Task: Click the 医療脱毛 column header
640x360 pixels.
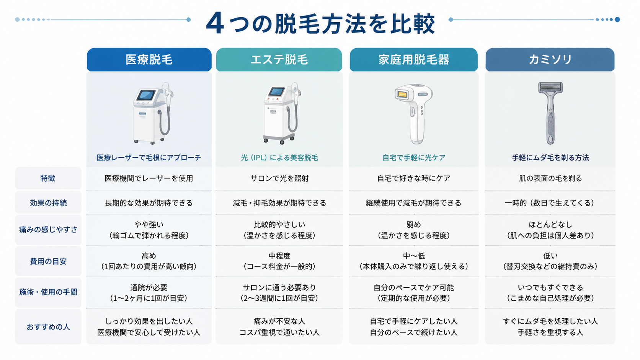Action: tap(149, 59)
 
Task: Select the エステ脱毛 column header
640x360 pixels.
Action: tap(279, 59)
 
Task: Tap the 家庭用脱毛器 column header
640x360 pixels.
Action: tap(413, 59)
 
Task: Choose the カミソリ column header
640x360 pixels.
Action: tap(550, 59)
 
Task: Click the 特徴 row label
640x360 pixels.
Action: tap(48, 178)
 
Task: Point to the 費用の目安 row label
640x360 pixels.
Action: tap(48, 261)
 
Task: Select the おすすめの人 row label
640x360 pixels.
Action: tap(48, 327)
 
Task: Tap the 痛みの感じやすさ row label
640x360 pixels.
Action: tap(48, 229)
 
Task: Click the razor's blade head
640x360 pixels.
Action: tap(550, 88)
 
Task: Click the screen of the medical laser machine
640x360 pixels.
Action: tap(146, 95)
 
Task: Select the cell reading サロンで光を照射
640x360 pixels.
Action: tap(279, 178)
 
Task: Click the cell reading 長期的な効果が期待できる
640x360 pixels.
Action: tap(149, 203)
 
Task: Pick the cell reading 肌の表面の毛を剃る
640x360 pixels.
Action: tap(550, 178)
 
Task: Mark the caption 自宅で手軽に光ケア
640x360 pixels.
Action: tap(414, 158)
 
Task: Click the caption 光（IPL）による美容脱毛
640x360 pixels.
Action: tap(279, 158)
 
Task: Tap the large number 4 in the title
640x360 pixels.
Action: tap(215, 23)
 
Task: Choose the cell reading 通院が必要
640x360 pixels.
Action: tap(149, 287)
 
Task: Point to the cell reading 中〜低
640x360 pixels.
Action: tap(414, 256)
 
